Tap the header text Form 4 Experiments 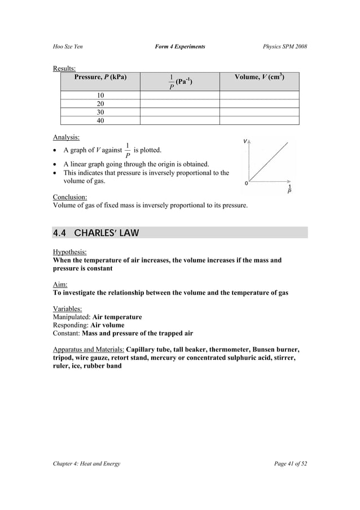(x=179, y=46)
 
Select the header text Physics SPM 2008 (x=285, y=46)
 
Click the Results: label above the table (x=64, y=69)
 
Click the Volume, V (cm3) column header (x=259, y=77)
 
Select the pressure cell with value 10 (x=100, y=95)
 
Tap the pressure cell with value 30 (x=100, y=112)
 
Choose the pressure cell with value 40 (x=100, y=120)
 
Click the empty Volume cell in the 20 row (x=259, y=104)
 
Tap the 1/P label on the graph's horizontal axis (x=290, y=189)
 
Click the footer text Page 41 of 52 (x=289, y=464)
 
